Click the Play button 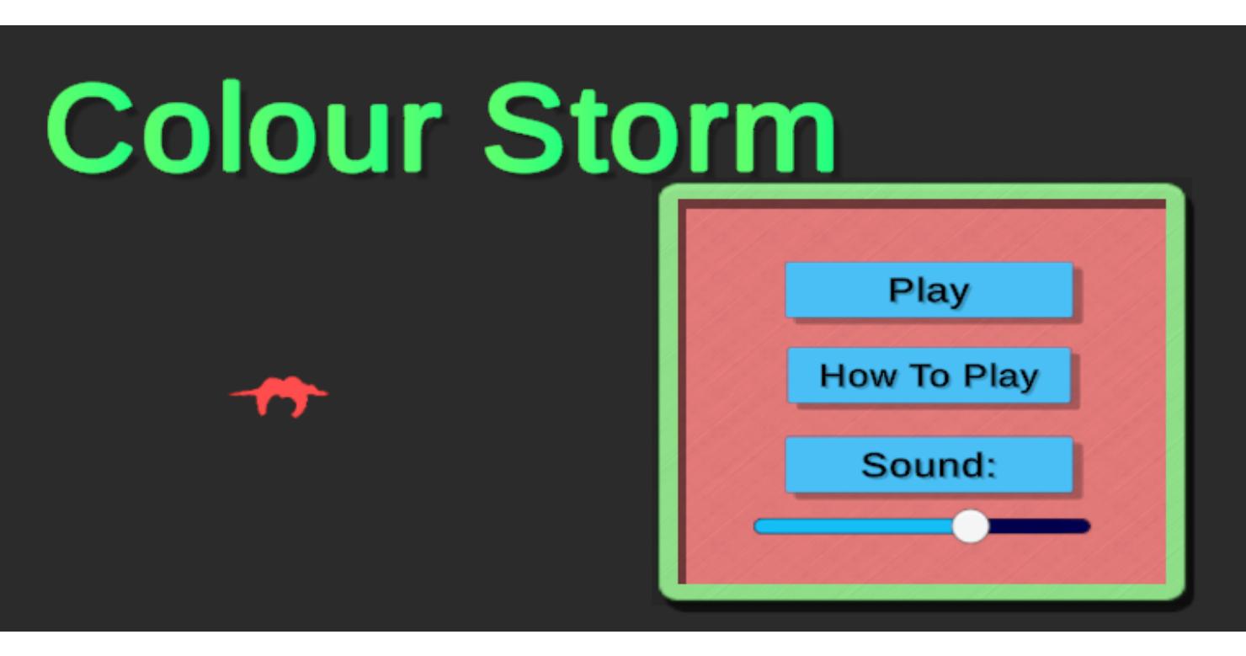929,290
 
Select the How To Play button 929,376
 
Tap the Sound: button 929,465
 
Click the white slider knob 971,525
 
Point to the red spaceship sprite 280,396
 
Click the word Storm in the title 660,129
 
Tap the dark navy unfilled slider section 1039,526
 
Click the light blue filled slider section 854,526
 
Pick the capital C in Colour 91,128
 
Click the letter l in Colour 232,126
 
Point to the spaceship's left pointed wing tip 231,394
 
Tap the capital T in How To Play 920,376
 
